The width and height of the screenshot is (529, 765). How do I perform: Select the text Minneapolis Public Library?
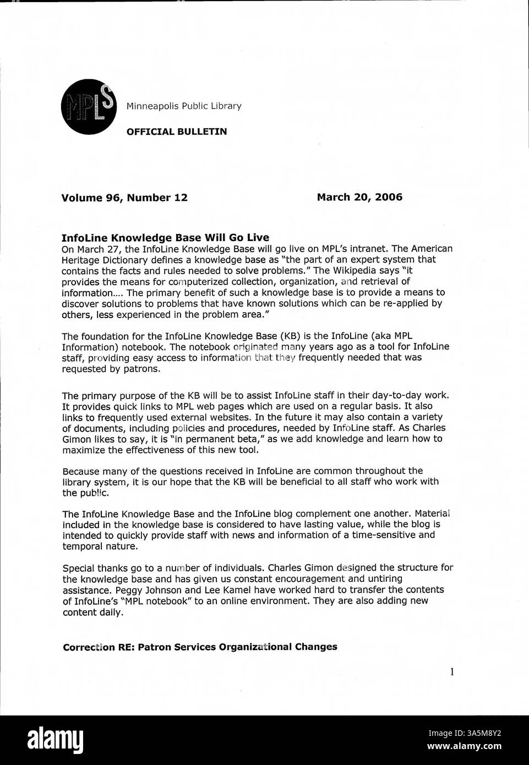pos(184,106)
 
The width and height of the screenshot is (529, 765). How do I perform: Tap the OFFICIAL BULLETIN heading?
pos(176,132)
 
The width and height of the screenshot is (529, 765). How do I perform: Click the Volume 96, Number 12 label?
pos(124,198)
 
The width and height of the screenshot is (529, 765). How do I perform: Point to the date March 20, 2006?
pos(359,197)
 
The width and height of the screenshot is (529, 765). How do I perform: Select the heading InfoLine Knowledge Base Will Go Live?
pos(165,238)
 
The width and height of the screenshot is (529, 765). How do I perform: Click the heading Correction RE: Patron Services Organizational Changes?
pos(200,647)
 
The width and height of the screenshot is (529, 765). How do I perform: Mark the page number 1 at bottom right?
pos(451,671)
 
